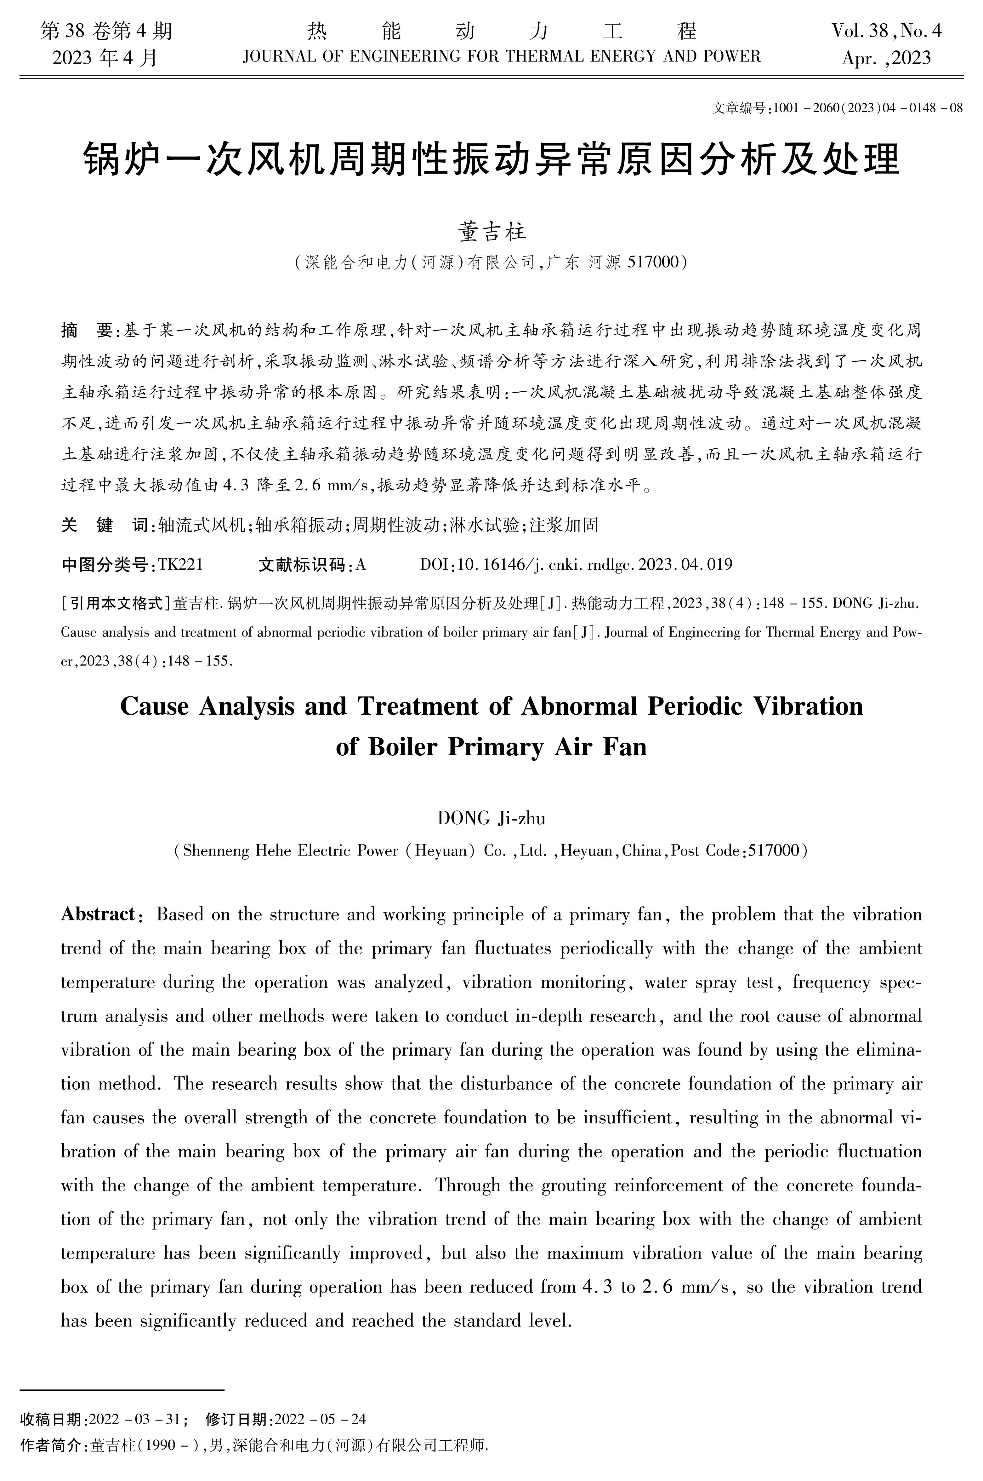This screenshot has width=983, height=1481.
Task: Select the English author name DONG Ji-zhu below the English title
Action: coord(491,818)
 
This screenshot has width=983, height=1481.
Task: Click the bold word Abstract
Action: coord(98,914)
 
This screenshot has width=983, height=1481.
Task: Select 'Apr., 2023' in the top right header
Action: coord(886,58)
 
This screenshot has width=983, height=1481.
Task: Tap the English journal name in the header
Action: coord(502,57)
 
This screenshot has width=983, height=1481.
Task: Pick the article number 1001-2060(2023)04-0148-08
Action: coord(868,108)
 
